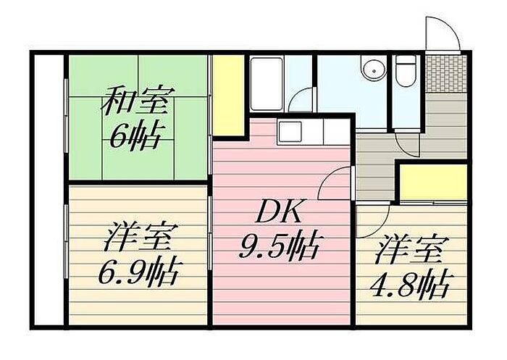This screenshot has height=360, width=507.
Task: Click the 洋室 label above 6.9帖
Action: (x=138, y=238)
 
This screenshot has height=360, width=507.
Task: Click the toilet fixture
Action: (x=405, y=70)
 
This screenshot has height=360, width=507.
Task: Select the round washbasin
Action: (x=373, y=70)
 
